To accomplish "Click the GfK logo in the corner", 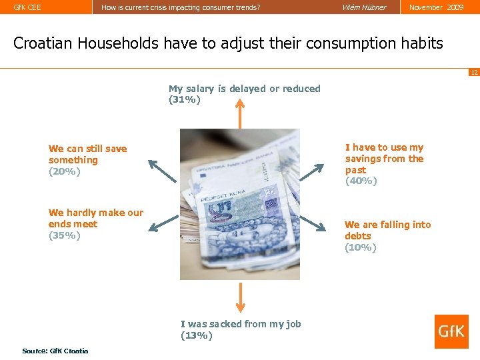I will (451, 331).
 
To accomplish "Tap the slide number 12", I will (474, 72).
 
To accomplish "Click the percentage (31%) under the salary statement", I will (185, 100).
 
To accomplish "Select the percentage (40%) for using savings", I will (361, 181).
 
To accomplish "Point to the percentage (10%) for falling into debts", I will (361, 247).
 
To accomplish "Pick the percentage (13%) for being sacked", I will (197, 335).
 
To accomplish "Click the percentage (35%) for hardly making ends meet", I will (65, 235).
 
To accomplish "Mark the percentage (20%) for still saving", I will (65, 171).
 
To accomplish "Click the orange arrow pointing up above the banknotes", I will (239, 113).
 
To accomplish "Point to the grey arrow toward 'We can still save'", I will (162, 171).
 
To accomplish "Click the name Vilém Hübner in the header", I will (364, 7).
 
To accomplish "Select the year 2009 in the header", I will (455, 7).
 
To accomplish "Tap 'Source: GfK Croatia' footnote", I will (55, 351).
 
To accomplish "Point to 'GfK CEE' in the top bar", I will (27, 7).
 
